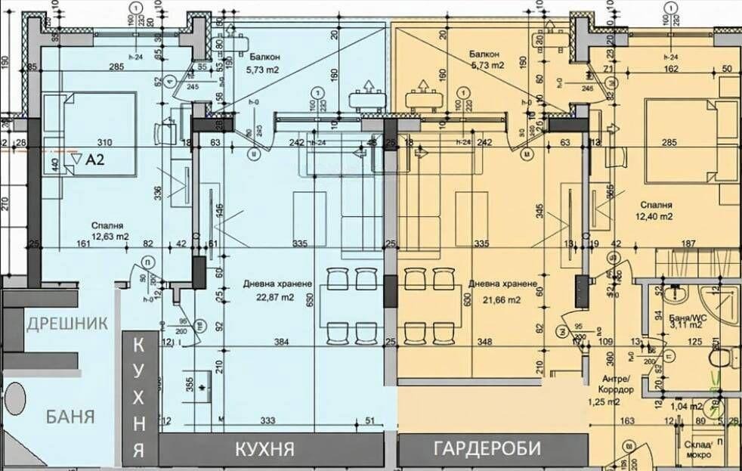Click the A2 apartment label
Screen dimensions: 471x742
coord(94,160)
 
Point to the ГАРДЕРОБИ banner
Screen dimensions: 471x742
coord(487,448)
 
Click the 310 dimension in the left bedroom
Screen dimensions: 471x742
coord(104,142)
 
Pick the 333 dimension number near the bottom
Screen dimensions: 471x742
coord(266,420)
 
